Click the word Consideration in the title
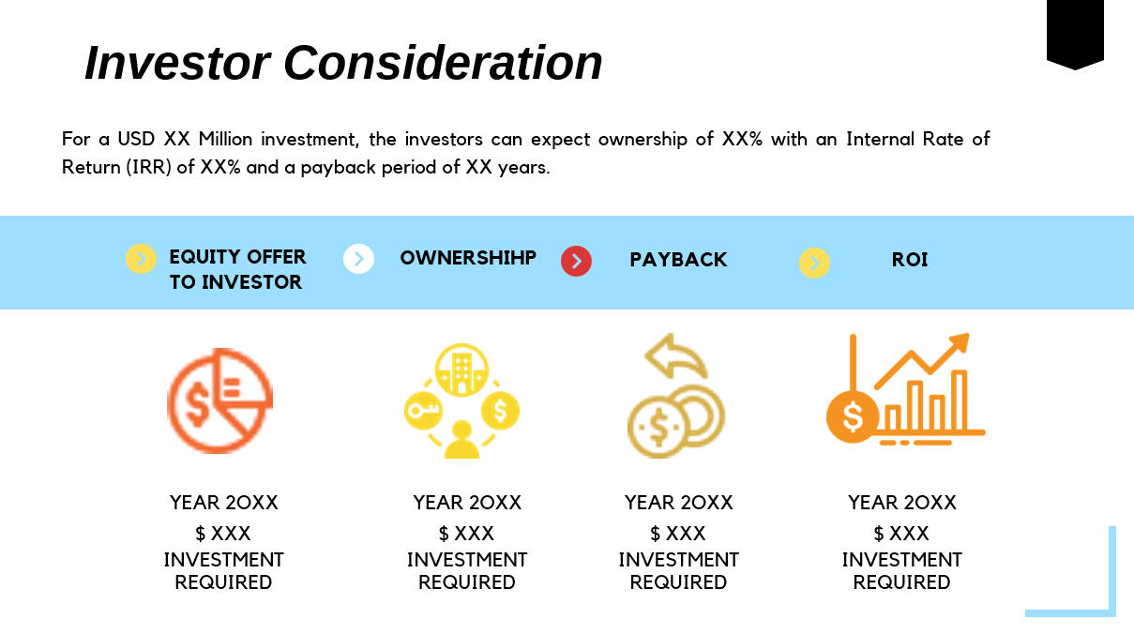point(443,64)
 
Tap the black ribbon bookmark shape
point(1075,33)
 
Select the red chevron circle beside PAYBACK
point(576,261)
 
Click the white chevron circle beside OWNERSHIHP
point(358,259)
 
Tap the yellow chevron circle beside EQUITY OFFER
point(141,259)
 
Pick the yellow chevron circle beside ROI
point(814,263)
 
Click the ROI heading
point(909,260)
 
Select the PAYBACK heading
point(678,260)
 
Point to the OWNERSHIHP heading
point(468,258)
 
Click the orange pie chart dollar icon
point(219,400)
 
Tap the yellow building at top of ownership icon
point(461,369)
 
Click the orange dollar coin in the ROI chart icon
point(852,416)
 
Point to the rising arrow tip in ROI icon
point(960,340)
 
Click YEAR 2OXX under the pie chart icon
point(223,503)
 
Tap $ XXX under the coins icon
point(678,534)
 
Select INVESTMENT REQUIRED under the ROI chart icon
point(901,571)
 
